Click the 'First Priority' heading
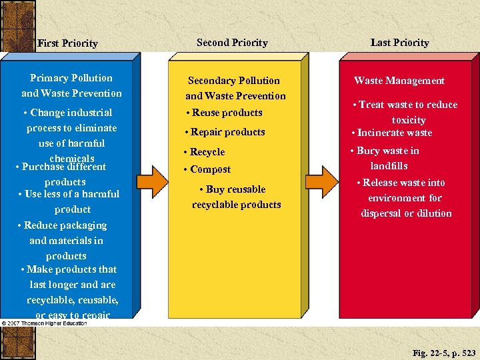(67, 43)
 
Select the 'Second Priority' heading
(232, 43)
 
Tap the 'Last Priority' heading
(399, 43)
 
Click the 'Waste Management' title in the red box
(399, 81)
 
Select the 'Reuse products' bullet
(224, 113)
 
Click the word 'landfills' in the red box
(389, 166)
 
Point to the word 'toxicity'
(408, 120)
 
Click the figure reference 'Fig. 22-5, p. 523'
(444, 352)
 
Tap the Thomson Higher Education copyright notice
(44, 323)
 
